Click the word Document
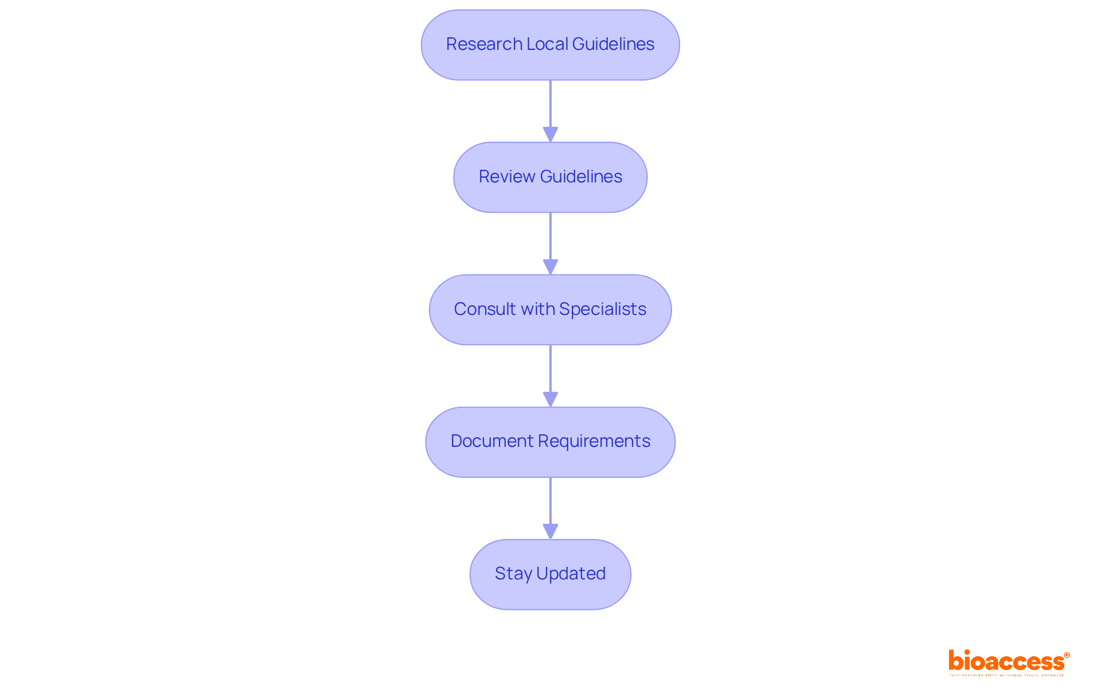[484, 441]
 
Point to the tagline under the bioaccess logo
[1006, 675]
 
